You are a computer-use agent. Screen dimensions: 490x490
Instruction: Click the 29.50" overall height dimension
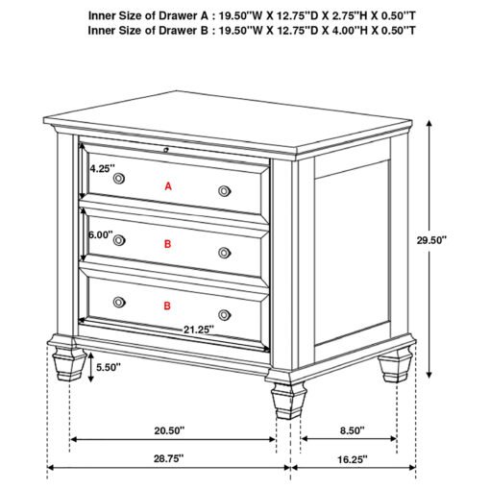[x=431, y=240]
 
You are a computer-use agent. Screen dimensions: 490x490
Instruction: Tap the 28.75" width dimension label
[x=169, y=458]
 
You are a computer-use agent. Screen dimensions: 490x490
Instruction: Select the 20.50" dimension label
[x=169, y=430]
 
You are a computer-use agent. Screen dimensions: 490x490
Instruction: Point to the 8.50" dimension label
[x=353, y=430]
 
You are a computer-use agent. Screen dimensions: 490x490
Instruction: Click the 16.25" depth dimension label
[x=353, y=459]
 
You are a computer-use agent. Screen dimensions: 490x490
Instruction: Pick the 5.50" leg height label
[x=109, y=367]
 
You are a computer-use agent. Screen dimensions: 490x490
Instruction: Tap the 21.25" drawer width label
[x=199, y=330]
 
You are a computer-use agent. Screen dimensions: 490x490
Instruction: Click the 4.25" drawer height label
[x=102, y=168]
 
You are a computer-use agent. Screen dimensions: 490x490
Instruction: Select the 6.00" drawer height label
[x=101, y=234]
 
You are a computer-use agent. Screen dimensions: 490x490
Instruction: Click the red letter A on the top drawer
[x=168, y=186]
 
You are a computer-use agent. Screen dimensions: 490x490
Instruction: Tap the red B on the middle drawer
[x=167, y=244]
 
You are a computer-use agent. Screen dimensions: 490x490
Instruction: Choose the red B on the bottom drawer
[x=167, y=306]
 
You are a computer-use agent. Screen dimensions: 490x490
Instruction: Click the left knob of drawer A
[x=119, y=179]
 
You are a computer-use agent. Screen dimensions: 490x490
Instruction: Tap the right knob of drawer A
[x=225, y=191]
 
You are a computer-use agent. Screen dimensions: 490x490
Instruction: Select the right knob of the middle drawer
[x=225, y=253]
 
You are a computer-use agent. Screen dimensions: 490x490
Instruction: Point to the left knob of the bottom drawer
[x=119, y=302]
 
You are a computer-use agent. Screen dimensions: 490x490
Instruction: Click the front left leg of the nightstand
[x=68, y=362]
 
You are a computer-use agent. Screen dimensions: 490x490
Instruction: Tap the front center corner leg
[x=288, y=401]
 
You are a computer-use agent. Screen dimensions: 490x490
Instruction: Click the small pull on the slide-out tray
[x=165, y=149]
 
